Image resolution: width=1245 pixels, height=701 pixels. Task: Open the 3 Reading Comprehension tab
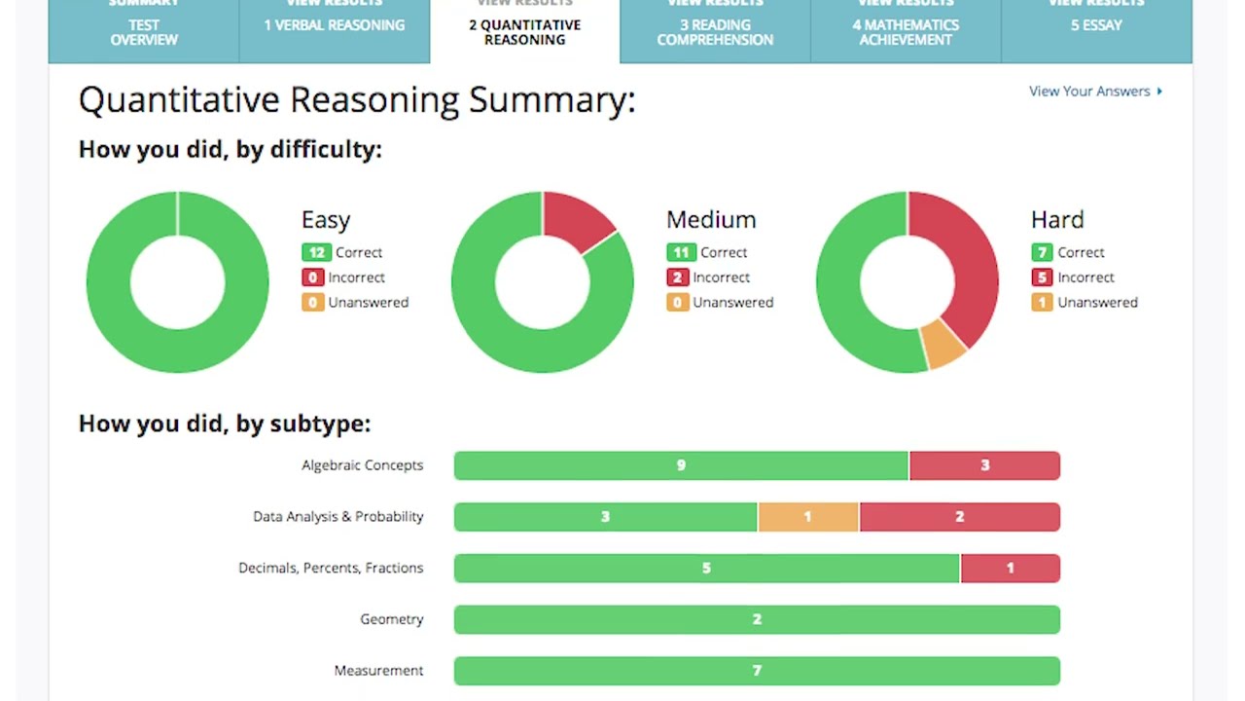click(x=715, y=32)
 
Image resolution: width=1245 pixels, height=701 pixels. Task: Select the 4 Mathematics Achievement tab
click(x=906, y=32)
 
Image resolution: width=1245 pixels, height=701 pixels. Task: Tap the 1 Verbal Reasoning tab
click(x=335, y=25)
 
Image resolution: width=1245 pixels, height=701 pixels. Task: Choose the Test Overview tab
click(x=144, y=32)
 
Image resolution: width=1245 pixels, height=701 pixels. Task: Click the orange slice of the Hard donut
click(x=942, y=345)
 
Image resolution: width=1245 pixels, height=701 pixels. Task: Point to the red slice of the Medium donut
click(x=575, y=219)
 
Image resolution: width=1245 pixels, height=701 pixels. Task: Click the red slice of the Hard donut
click(x=968, y=263)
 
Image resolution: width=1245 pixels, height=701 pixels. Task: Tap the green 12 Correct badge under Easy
click(x=316, y=252)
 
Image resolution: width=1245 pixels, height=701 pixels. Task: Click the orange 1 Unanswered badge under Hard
click(x=1042, y=303)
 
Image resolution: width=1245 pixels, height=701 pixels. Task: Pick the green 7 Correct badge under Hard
click(x=1042, y=252)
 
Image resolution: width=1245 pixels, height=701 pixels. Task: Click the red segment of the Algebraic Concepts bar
click(x=984, y=465)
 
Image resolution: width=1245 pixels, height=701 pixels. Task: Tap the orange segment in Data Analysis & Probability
click(x=807, y=517)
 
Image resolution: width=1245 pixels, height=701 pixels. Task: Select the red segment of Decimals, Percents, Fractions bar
click(x=1010, y=569)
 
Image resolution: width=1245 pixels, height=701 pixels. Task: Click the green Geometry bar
click(x=757, y=619)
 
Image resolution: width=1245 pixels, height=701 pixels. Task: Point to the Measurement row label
click(x=378, y=671)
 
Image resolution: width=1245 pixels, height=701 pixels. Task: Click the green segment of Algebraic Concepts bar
click(x=681, y=465)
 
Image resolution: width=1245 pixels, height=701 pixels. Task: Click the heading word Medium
click(x=711, y=220)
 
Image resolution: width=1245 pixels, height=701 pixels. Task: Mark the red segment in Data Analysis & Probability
click(x=959, y=517)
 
